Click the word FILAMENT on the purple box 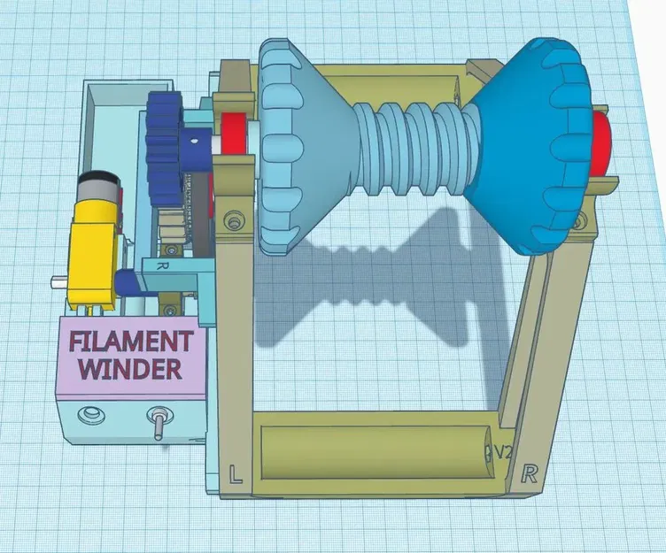coord(131,342)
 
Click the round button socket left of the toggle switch coord(89,415)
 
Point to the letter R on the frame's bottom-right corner coord(530,472)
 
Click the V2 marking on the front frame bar coord(501,452)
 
